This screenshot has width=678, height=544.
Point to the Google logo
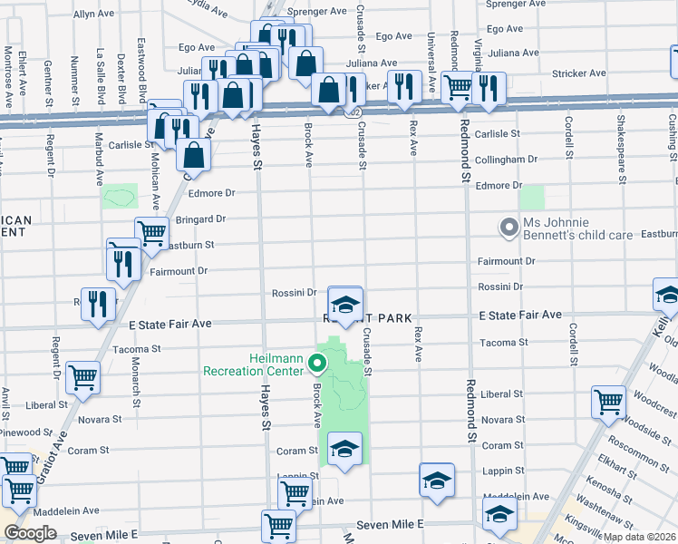coord(31,533)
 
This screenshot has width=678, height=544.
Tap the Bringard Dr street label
coord(200,219)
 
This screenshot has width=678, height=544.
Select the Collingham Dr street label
coord(506,160)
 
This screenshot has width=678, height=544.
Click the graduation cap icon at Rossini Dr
coord(344,304)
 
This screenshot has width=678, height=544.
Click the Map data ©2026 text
coord(640,537)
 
